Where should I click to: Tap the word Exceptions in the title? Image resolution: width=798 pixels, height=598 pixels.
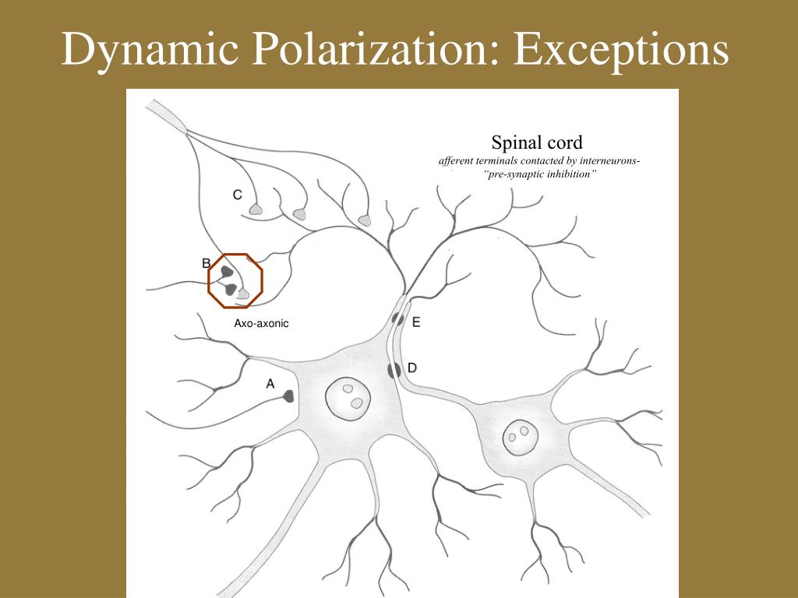[x=621, y=51]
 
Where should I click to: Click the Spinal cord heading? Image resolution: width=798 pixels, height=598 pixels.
[x=537, y=142]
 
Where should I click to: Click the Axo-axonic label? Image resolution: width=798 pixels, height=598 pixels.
[x=261, y=323]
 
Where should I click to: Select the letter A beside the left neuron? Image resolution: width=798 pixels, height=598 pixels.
[x=270, y=382]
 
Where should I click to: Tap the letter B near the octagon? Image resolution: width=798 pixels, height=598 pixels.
[x=206, y=262]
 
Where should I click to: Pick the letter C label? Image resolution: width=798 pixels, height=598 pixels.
[x=237, y=195]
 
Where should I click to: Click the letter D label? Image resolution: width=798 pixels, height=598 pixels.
[x=412, y=367]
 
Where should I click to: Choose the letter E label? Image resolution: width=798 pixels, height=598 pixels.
[x=415, y=321]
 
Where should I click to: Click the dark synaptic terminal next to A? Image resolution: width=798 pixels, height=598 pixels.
[x=288, y=396]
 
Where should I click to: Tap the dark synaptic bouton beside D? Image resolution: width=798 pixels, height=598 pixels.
[x=394, y=370]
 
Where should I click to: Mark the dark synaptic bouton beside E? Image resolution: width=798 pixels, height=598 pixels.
[x=397, y=318]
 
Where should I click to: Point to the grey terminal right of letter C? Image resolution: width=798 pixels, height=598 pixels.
[x=256, y=209]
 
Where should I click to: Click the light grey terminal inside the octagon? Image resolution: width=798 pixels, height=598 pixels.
[x=244, y=294]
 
